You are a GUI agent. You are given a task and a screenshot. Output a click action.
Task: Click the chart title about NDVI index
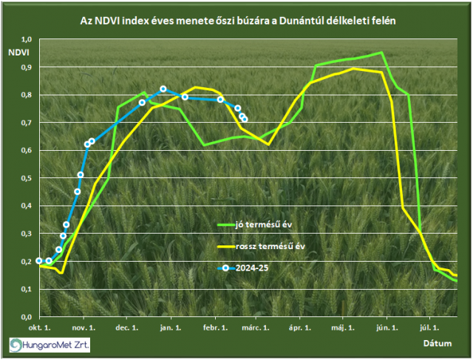coord(236,21)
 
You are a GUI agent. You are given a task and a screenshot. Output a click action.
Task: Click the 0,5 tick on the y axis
coord(27,178)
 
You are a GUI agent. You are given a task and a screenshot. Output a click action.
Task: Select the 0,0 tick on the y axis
coord(27,316)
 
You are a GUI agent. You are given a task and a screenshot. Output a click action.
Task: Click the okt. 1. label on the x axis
coord(38,326)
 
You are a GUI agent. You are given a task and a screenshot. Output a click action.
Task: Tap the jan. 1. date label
coord(170,326)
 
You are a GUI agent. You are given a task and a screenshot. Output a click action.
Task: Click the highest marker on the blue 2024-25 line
coord(163,89)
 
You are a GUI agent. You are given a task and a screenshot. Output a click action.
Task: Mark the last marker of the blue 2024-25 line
coord(245,119)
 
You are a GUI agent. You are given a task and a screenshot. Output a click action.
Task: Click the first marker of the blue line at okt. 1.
coord(39,261)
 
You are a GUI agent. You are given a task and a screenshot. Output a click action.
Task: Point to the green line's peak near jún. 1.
coord(381,52)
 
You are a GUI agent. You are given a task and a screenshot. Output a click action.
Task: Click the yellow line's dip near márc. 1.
coord(268,144)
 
